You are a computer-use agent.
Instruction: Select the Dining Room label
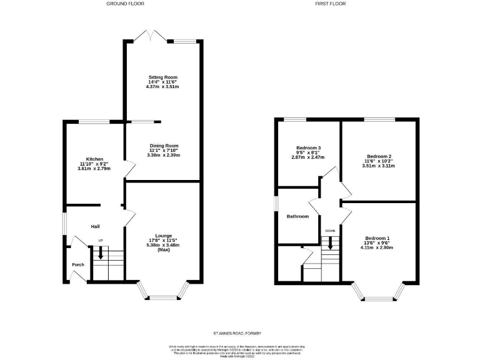tap(164, 146)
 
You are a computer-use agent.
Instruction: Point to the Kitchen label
tap(94, 159)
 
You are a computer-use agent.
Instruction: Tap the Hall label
tap(96, 226)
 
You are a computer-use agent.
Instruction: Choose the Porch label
tap(77, 264)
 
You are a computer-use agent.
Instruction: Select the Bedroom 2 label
tap(379, 156)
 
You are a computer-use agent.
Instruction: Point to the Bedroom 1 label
tap(377, 238)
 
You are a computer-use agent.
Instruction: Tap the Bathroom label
tap(297, 216)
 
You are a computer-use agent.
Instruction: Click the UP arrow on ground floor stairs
tap(101, 254)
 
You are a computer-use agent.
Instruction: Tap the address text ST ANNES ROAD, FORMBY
tap(241, 333)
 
